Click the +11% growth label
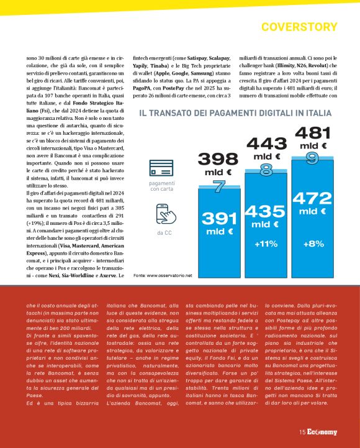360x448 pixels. pyautogui.click(x=266, y=244)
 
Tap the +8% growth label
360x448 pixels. pyautogui.click(x=313, y=244)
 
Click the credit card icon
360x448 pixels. pyautogui.click(x=161, y=169)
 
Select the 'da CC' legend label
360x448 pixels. pyautogui.click(x=161, y=233)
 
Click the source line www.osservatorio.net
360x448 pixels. pyautogui.click(x=163, y=274)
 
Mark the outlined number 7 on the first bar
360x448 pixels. pyautogui.click(x=218, y=185)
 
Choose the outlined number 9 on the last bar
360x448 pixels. pyautogui.click(x=312, y=158)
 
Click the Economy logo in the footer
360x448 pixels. pyautogui.click(x=325, y=432)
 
